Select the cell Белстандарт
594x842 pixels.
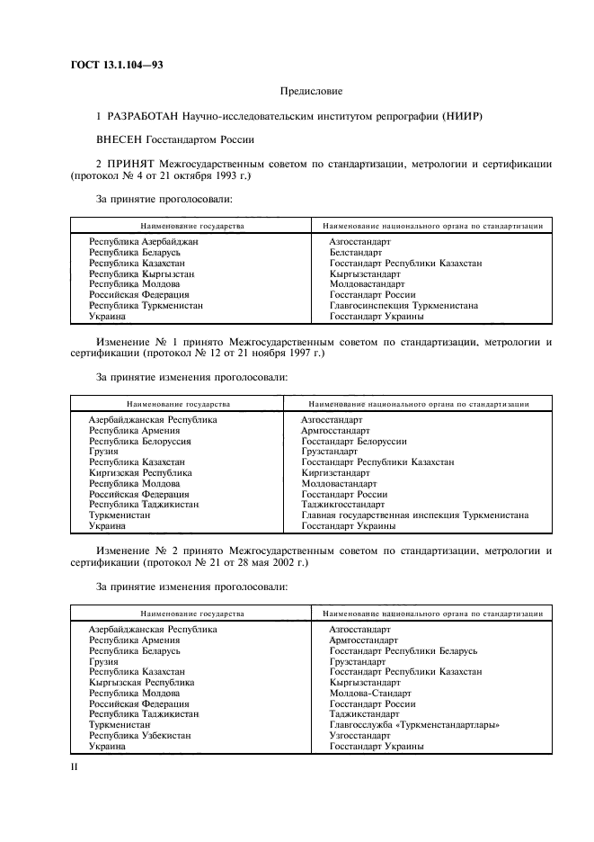(x=355, y=253)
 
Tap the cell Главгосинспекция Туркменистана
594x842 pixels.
(x=403, y=306)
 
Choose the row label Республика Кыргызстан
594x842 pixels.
(x=141, y=274)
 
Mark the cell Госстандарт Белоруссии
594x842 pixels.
(x=354, y=442)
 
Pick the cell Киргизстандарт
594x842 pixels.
(x=335, y=473)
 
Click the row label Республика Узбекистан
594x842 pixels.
(x=139, y=736)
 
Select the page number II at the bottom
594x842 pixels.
(x=75, y=767)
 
